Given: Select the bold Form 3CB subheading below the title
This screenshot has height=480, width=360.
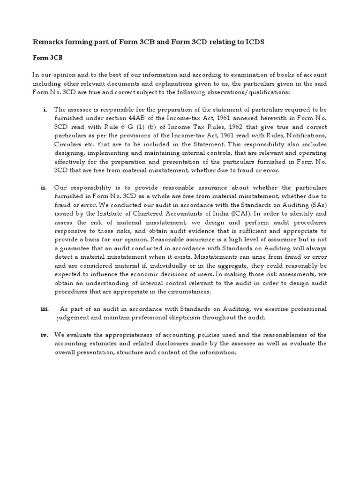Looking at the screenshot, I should click(46, 59).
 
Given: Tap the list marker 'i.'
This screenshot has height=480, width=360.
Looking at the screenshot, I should click(45, 110).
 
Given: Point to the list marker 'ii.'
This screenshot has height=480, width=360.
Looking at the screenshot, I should click(44, 187).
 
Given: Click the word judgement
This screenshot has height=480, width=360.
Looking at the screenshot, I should click(73, 318).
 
